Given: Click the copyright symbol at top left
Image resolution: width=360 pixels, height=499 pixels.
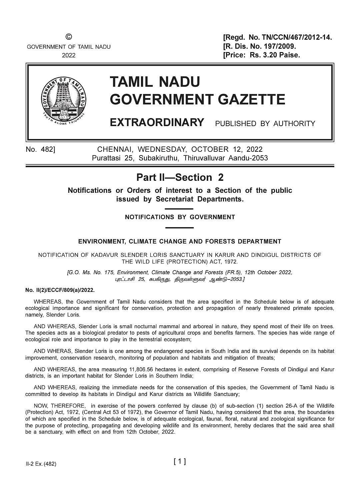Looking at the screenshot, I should [69, 37].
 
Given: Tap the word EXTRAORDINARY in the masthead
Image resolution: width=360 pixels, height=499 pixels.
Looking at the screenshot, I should [157, 122].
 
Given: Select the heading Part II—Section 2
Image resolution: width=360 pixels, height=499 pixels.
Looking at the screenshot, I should [180, 177].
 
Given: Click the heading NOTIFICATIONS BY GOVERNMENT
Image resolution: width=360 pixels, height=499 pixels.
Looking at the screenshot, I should [180, 217].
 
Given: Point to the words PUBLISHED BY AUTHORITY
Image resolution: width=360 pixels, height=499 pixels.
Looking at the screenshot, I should [265, 124].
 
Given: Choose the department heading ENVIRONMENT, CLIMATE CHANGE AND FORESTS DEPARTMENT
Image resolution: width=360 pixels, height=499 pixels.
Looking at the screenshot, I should [180, 241].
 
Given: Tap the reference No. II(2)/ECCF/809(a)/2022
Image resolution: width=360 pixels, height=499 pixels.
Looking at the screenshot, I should [60, 290].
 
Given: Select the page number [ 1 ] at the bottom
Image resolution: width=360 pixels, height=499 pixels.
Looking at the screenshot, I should [180, 462].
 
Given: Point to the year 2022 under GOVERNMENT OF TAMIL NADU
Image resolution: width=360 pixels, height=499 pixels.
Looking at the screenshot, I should [69, 55].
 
